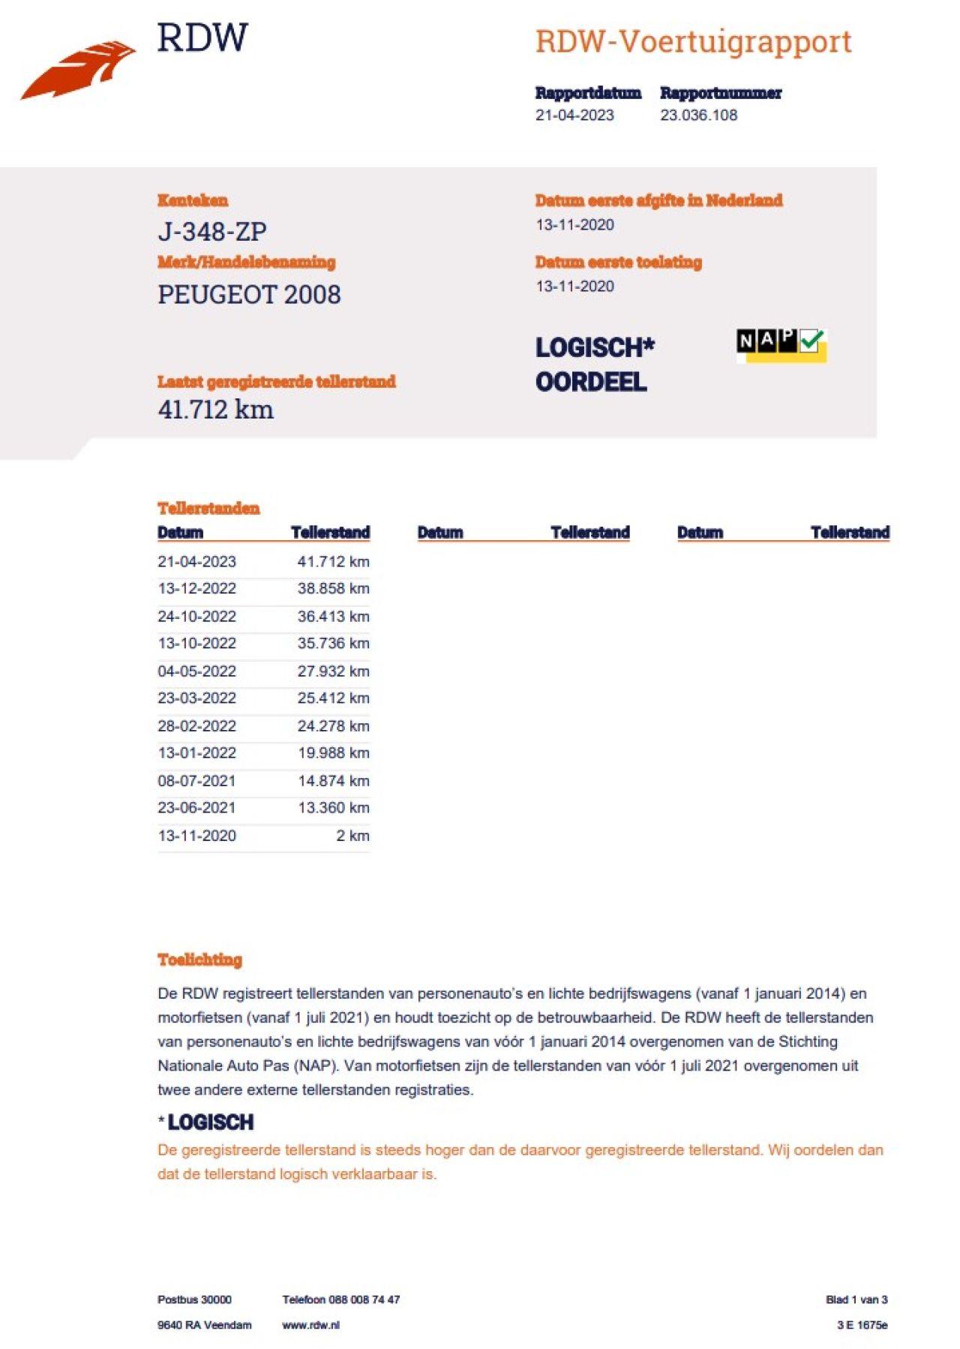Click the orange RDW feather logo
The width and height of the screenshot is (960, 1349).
tap(79, 69)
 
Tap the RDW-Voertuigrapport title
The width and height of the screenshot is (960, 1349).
tap(693, 42)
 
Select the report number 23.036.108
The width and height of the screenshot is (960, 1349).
tap(698, 116)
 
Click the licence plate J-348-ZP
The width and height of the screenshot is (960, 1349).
tap(212, 232)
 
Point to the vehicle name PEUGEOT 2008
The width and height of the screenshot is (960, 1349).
tap(249, 295)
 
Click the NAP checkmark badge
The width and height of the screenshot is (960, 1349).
tap(781, 344)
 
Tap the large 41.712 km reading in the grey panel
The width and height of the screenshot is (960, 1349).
tap(216, 410)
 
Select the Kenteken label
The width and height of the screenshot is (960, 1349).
tap(193, 200)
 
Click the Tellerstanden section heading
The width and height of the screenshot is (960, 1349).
tap(208, 509)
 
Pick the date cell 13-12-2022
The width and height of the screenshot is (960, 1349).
tap(196, 589)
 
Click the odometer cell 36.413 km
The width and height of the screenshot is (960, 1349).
tap(333, 617)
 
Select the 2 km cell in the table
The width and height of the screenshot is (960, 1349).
tap(352, 836)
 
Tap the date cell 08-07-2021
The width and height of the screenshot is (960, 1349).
tap(196, 781)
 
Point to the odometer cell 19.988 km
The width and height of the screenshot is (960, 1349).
tap(333, 753)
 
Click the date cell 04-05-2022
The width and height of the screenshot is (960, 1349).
tap(196, 671)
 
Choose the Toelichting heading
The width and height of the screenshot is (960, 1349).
tap(199, 960)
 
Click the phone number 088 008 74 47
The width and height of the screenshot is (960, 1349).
tap(364, 1299)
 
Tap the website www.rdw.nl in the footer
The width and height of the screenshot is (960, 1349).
tap(310, 1325)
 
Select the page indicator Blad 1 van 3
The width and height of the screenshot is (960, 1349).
tap(856, 1299)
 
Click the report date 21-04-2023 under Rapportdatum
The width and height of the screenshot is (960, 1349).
tap(574, 116)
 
